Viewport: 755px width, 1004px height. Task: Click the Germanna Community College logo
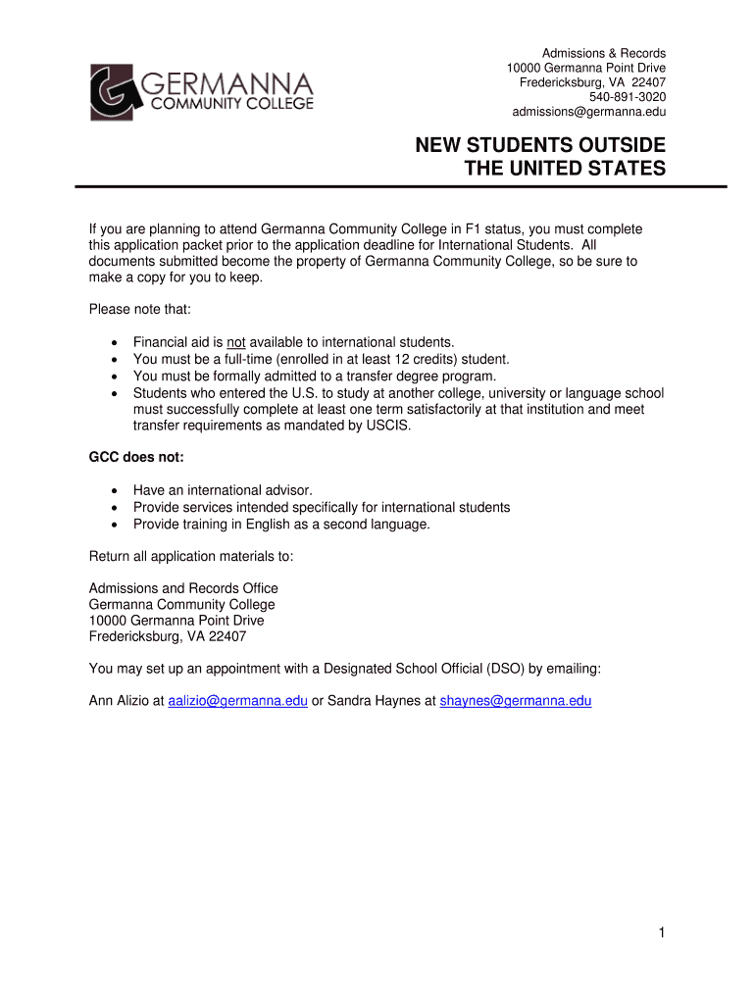[x=202, y=92]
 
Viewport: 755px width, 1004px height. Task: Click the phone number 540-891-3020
[x=627, y=97]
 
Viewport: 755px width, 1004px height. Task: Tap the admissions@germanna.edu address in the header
[x=588, y=112]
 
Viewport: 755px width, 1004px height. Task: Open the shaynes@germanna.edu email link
[x=516, y=701]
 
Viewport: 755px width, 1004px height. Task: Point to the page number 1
[x=662, y=933]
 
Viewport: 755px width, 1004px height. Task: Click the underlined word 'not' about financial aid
[x=235, y=342]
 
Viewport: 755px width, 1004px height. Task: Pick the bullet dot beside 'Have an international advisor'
[x=116, y=490]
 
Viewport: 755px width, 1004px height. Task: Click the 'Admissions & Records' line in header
[x=604, y=53]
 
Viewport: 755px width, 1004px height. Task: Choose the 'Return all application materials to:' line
[x=191, y=557]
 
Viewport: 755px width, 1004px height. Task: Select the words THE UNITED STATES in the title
[x=564, y=170]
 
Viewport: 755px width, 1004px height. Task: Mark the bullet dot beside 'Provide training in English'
[x=116, y=525]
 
